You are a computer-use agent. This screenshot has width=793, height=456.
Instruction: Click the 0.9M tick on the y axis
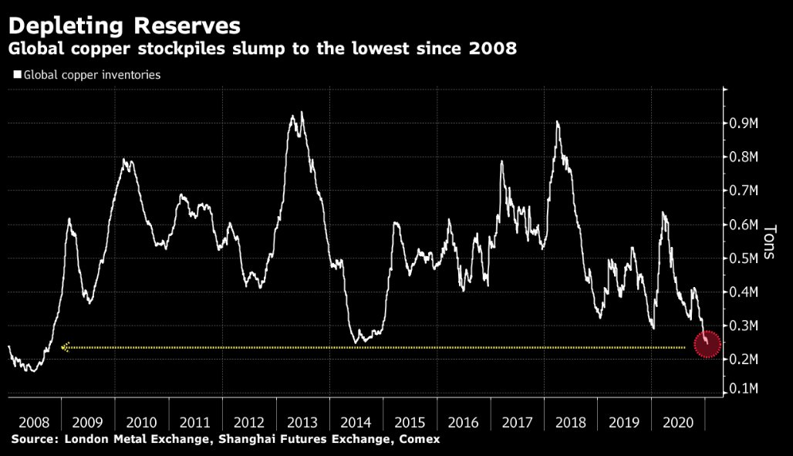coord(744,123)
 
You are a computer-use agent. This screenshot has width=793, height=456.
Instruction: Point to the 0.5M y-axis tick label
coord(744,258)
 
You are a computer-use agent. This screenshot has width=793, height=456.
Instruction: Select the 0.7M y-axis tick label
coord(744,190)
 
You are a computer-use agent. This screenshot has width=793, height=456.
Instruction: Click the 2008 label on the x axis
coord(34,422)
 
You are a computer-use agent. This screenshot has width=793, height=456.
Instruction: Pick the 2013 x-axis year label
coord(302,422)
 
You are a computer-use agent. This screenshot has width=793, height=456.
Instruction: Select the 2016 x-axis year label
coord(464,422)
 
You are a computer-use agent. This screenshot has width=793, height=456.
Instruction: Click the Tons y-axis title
coord(768,242)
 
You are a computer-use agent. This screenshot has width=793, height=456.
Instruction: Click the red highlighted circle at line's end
coord(707,344)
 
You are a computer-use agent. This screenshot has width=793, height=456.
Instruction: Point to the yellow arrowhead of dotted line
coord(66,347)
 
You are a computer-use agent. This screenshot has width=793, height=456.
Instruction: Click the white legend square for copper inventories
coord(17,76)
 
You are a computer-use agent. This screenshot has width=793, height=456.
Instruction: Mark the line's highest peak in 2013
coord(301,113)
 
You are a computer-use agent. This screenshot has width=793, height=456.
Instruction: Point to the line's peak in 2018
coord(557,122)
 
